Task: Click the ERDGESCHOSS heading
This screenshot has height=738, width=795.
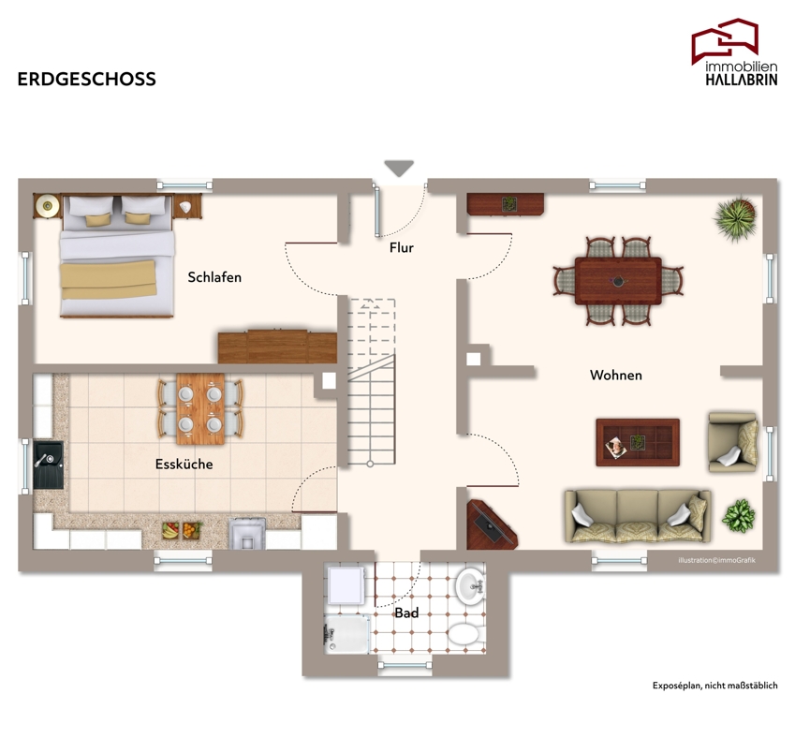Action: [x=87, y=79]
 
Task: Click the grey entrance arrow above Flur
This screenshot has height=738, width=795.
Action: [x=399, y=169]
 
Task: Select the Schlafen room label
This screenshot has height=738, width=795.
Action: [x=214, y=277]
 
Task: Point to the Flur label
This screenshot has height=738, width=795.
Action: [x=402, y=247]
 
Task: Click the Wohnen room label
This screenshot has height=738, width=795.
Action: [x=616, y=376]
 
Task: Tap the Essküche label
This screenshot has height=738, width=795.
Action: [x=184, y=465]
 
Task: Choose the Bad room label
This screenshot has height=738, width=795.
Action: [x=406, y=613]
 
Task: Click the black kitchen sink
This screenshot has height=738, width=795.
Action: [x=49, y=465]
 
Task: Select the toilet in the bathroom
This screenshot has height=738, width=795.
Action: [x=464, y=634]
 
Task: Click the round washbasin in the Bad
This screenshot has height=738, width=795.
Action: [x=470, y=587]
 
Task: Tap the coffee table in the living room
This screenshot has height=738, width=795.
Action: [x=638, y=442]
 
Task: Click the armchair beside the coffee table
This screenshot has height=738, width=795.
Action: [x=733, y=442]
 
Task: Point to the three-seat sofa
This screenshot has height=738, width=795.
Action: [x=638, y=516]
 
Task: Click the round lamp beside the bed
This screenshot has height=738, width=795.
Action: [x=48, y=206]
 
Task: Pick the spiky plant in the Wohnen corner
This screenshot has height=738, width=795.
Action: [x=735, y=218]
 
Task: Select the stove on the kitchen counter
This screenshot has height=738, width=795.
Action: [x=247, y=534]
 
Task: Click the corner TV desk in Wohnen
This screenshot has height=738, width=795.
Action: [x=490, y=525]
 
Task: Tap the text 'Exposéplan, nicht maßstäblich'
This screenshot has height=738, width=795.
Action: [x=714, y=686]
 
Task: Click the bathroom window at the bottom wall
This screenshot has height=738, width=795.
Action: [x=405, y=665]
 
